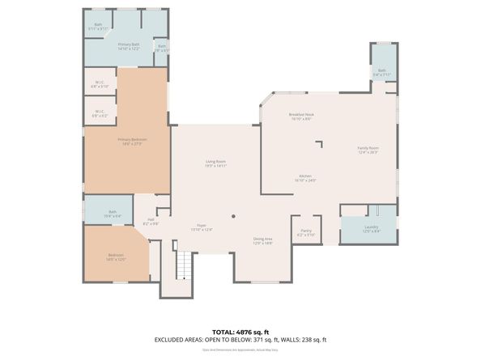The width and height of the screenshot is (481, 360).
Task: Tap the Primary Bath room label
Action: (x=129, y=47)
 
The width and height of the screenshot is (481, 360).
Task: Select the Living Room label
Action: (x=215, y=163)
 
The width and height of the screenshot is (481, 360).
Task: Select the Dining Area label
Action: (x=263, y=240)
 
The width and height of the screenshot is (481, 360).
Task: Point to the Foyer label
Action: (x=201, y=227)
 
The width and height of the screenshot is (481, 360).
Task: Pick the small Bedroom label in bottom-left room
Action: (x=117, y=257)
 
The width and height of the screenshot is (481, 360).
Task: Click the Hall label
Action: (x=151, y=221)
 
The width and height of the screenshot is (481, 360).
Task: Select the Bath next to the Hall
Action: (x=113, y=214)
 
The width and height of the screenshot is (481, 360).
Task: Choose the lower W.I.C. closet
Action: (x=99, y=113)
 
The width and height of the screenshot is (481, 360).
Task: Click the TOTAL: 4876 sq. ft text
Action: (x=240, y=332)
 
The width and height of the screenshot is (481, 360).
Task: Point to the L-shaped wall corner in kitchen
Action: (x=321, y=142)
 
